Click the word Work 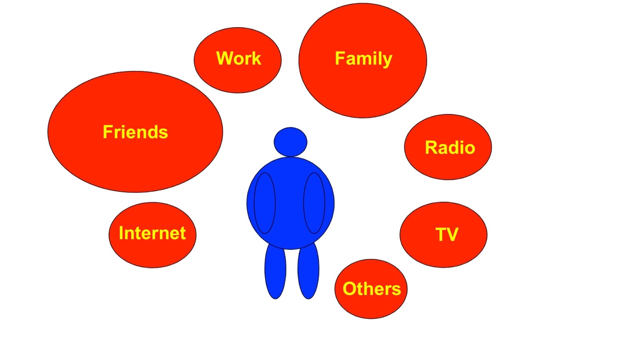click(238, 58)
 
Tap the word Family click(363, 58)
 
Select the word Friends click(135, 132)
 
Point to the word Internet click(152, 233)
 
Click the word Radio click(450, 148)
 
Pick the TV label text click(447, 234)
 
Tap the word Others click(372, 289)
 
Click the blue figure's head click(290, 142)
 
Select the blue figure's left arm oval click(265, 203)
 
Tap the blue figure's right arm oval click(314, 203)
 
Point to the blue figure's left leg click(275, 272)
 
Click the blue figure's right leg click(308, 272)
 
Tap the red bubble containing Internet click(152, 252)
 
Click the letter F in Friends click(107, 132)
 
